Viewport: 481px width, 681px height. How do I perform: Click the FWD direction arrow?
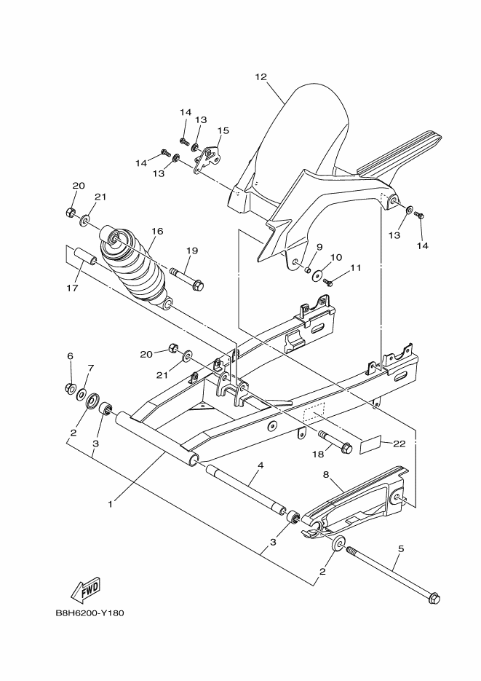[x=85, y=588]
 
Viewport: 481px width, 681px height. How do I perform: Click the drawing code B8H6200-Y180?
[x=90, y=613]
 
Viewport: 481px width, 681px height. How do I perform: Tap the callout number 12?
[x=261, y=76]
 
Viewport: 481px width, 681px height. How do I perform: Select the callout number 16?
[x=157, y=231]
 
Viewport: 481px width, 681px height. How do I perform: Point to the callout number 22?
[x=399, y=443]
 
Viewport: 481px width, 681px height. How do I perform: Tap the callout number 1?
[x=111, y=503]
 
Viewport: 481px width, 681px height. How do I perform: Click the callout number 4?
[x=260, y=465]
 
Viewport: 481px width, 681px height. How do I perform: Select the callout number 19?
[x=191, y=251]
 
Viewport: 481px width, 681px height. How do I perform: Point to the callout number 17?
[x=71, y=288]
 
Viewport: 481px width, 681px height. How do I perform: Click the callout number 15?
[x=223, y=131]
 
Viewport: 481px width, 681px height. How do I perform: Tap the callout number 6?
[x=71, y=356]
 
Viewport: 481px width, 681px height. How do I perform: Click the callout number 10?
[x=336, y=257]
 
